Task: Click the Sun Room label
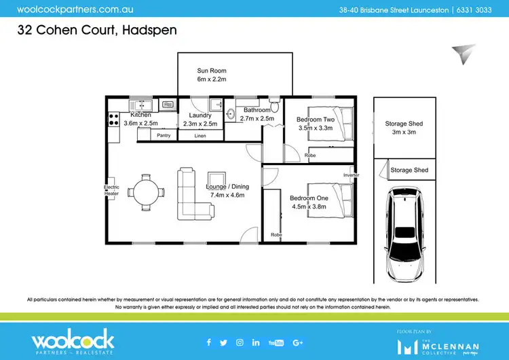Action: click(211, 71)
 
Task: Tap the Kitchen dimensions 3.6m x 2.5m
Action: click(140, 124)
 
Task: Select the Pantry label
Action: click(164, 136)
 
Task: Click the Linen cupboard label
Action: click(200, 136)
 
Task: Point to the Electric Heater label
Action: click(111, 190)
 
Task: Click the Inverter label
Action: click(351, 175)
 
